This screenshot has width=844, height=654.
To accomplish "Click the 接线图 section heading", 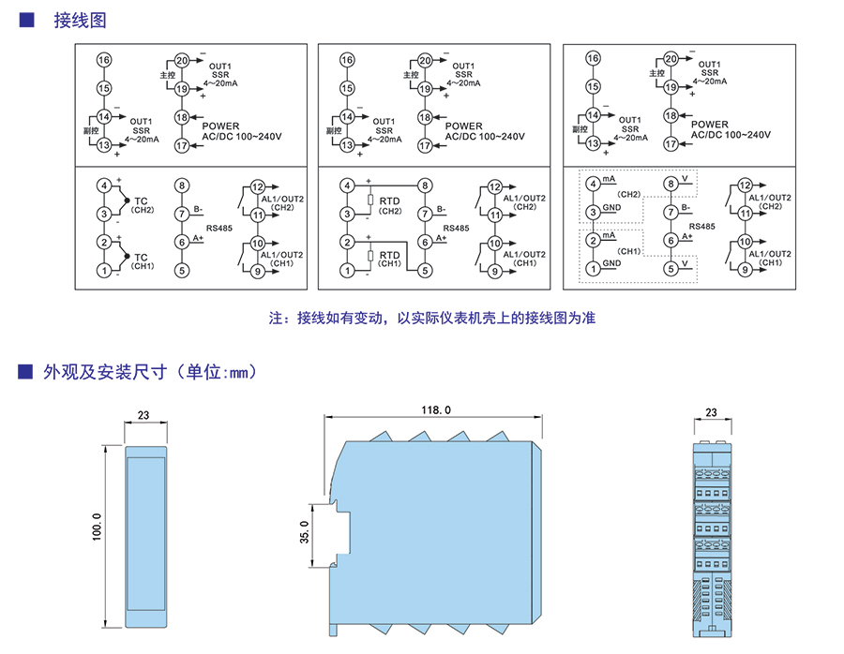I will (x=73, y=21).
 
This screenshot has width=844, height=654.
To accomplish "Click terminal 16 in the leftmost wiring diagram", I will (x=104, y=60).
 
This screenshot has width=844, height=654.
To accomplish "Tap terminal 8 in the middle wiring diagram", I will (x=426, y=186).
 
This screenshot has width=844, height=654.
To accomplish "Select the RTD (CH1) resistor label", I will (x=389, y=258).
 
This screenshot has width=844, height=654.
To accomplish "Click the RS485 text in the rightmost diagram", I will (x=702, y=227).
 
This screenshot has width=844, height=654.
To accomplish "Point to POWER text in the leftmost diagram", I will (x=221, y=126).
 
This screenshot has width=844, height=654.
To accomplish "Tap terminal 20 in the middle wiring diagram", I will (x=426, y=60).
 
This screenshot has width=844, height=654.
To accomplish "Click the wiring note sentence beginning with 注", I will (x=432, y=319).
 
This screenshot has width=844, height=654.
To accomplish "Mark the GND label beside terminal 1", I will (x=611, y=263).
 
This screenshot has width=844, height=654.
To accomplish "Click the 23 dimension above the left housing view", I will (x=144, y=414).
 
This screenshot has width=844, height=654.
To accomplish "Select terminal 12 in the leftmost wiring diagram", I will (x=258, y=186).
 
